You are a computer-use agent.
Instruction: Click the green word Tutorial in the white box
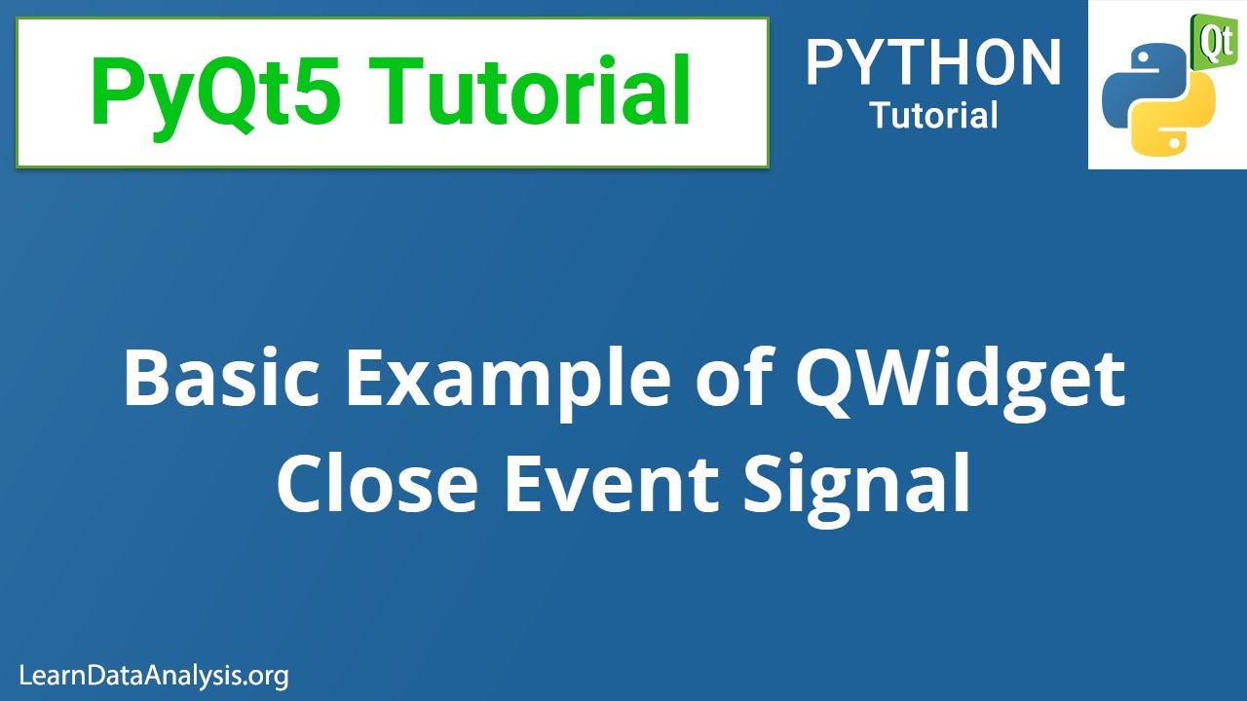(x=534, y=92)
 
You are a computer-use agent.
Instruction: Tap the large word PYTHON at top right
(x=933, y=64)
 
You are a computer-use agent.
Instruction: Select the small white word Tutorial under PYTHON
(x=933, y=116)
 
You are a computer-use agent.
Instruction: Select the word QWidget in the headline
(x=960, y=382)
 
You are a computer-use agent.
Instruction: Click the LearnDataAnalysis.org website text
(x=154, y=675)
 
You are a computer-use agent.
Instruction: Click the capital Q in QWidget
(x=828, y=382)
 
